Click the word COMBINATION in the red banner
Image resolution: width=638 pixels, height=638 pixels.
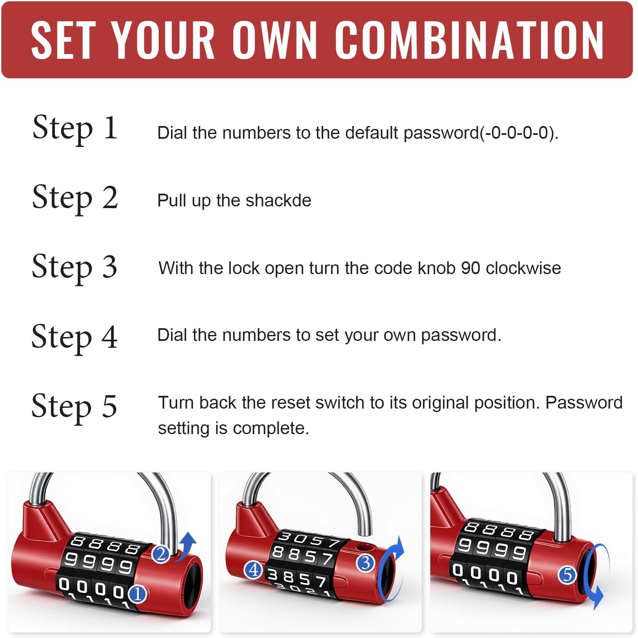(469, 40)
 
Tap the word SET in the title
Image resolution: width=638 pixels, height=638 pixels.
(63, 40)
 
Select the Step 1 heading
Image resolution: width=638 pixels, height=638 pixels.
(74, 128)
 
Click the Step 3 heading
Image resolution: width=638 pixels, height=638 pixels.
(74, 267)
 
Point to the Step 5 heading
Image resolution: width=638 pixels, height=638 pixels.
(74, 406)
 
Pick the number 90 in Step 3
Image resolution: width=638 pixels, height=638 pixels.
(471, 268)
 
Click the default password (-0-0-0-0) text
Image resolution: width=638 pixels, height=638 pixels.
(518, 133)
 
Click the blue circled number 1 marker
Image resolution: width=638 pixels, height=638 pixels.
(137, 594)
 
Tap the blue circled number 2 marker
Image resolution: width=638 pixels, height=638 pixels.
(161, 554)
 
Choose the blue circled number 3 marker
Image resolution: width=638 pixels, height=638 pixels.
(365, 563)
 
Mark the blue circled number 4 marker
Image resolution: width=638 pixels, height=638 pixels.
(254, 569)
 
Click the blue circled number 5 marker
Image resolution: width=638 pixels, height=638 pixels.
(567, 575)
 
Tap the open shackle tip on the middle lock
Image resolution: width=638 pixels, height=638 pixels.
(365, 530)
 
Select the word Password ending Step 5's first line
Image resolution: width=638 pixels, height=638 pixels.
(584, 403)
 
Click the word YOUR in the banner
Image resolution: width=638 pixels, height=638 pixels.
(163, 40)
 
